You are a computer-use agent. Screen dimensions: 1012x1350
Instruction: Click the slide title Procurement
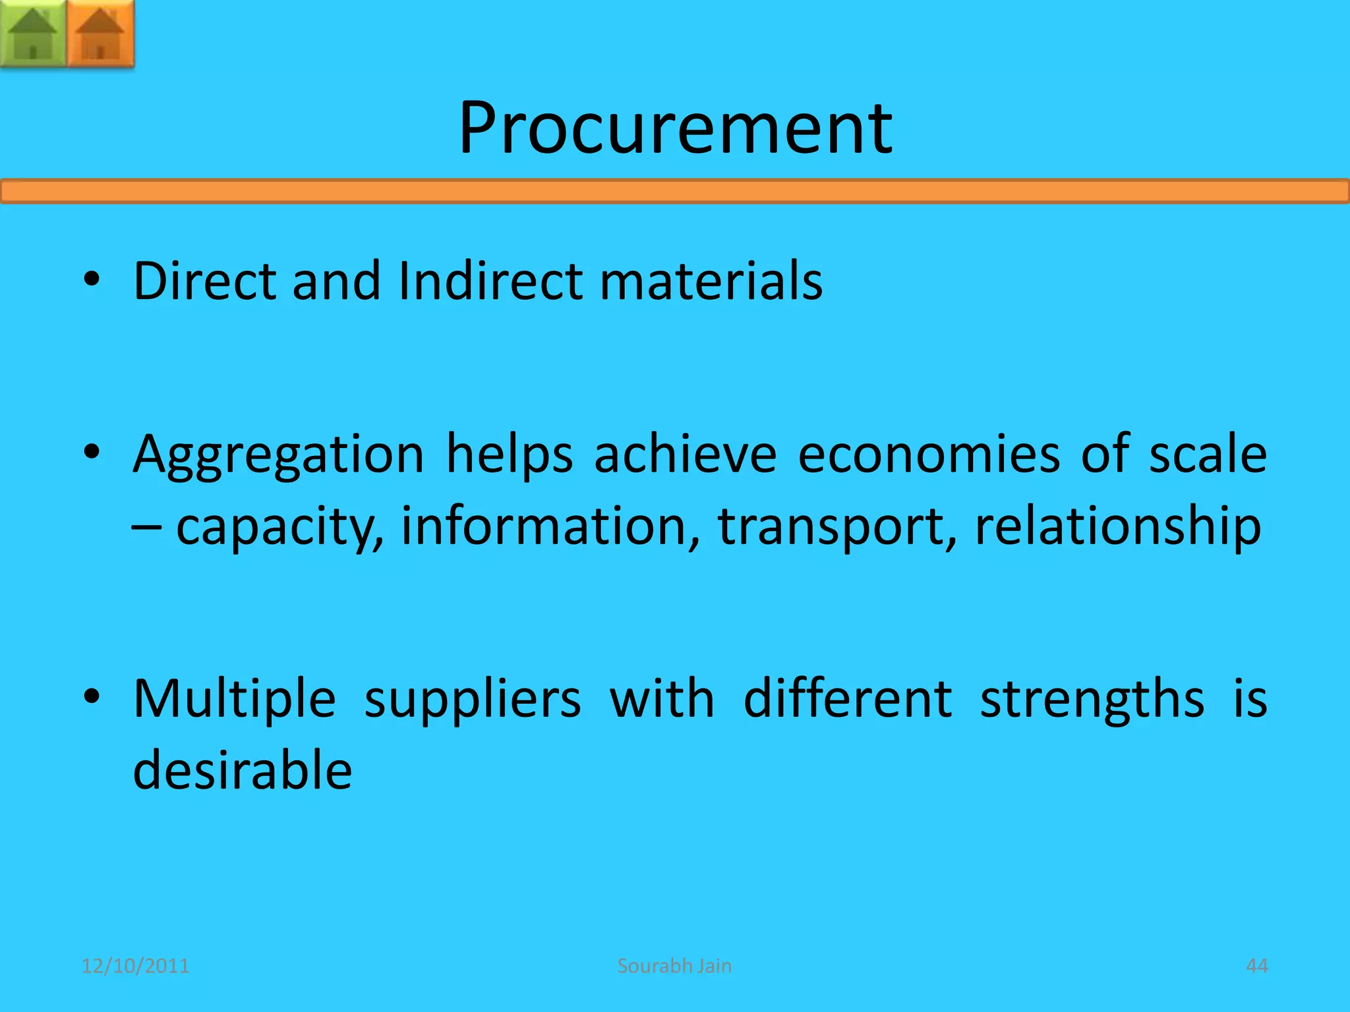tap(675, 128)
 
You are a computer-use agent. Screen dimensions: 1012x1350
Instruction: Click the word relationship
tap(1118, 527)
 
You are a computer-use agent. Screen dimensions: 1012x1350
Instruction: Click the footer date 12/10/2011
tap(135, 966)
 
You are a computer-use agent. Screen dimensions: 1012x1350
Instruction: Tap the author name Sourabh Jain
tap(674, 966)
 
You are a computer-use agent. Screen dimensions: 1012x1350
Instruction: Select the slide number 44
tap(1256, 966)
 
